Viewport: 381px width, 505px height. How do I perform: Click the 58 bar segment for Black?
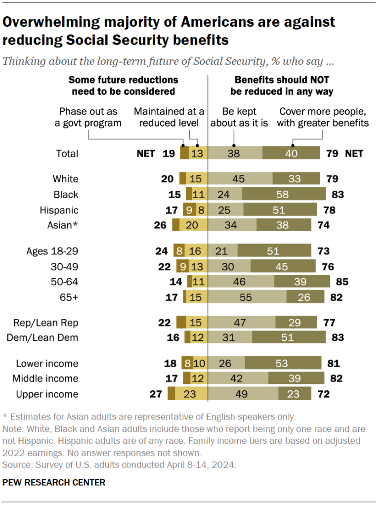pos(284,195)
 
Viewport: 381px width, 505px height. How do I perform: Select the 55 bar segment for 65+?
pos(247,297)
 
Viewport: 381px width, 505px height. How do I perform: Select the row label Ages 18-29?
pos(52,251)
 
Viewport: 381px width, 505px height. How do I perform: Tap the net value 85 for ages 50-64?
pos(342,282)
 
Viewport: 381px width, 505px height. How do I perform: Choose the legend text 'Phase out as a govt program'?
pos(87,117)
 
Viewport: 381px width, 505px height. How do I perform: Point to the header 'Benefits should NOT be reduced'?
pos(282,85)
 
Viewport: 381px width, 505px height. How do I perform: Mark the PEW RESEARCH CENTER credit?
pos(54,482)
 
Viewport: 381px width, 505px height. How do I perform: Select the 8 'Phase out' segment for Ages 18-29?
pos(178,251)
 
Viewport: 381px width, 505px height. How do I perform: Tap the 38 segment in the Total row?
pos(234,154)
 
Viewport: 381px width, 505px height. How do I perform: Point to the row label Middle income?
pos(47,379)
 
